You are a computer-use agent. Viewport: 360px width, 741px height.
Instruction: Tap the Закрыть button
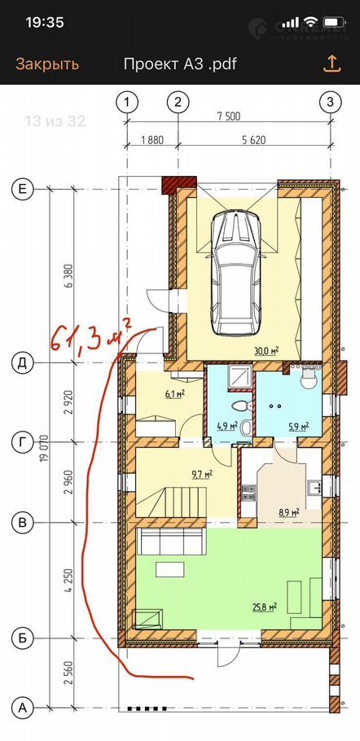pos(47,64)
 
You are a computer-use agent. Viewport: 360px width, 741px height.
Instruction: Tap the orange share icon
pos(331,64)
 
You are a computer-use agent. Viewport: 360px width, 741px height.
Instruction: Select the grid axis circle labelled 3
pos(330,102)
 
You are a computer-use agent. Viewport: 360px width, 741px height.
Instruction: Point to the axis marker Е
pos(22,189)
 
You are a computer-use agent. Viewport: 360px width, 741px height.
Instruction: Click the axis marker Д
pos(22,363)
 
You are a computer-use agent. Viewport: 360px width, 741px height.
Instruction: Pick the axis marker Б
pos(22,638)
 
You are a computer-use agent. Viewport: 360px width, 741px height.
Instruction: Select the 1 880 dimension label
pos(152,140)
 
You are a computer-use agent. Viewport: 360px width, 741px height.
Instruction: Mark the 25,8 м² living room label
pos(264,607)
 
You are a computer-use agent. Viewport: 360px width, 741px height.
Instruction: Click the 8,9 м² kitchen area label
pos(288,512)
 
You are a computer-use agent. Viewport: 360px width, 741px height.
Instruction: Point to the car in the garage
pos(235,273)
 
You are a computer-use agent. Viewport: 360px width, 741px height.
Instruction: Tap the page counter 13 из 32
pos(55,121)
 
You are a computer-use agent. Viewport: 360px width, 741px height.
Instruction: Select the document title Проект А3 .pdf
pos(180,64)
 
